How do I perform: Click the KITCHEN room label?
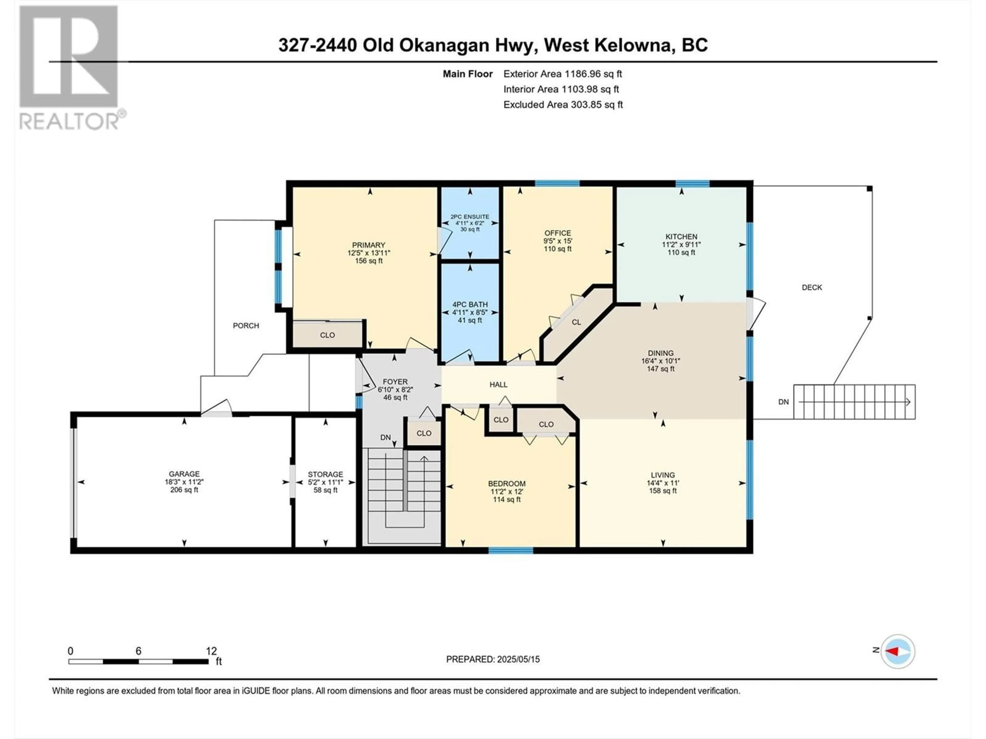pos(681,237)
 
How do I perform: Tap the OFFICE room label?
pos(558,233)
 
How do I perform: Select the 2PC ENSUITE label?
pos(470,217)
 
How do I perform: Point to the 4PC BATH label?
pos(470,305)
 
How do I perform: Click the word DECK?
pos(812,287)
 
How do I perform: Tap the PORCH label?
pos(246,326)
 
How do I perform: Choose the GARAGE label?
pos(184,474)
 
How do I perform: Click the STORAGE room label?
pos(325,474)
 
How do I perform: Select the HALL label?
pos(498,384)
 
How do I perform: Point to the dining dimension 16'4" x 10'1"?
pos(661,361)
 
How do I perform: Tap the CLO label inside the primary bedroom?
pos(327,335)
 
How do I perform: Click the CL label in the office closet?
pos(576,322)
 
